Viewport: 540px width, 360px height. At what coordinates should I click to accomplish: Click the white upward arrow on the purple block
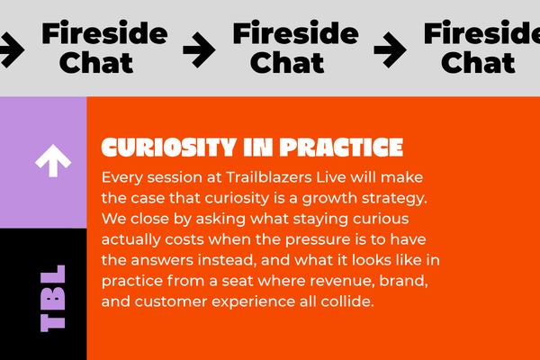(x=53, y=160)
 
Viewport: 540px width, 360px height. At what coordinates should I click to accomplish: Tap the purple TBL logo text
(x=53, y=298)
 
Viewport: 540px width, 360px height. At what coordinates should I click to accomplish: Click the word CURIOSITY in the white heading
(x=169, y=148)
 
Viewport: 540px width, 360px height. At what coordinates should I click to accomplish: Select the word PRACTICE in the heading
(x=341, y=148)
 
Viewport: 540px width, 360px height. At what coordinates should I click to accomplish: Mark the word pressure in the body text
(x=318, y=239)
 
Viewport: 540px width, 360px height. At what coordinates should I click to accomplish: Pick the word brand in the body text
(x=403, y=281)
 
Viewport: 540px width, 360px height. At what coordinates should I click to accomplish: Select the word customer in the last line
(x=171, y=301)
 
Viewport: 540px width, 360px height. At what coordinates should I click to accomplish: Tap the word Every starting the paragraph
(x=122, y=178)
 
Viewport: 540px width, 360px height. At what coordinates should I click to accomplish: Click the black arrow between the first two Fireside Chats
(x=199, y=50)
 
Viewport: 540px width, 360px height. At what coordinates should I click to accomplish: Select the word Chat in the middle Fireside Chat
(x=287, y=63)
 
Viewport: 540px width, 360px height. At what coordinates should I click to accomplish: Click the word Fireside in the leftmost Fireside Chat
(x=104, y=33)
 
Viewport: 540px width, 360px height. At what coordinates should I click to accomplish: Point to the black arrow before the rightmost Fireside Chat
(x=391, y=50)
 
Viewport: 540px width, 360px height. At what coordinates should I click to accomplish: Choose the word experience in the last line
(x=253, y=302)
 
